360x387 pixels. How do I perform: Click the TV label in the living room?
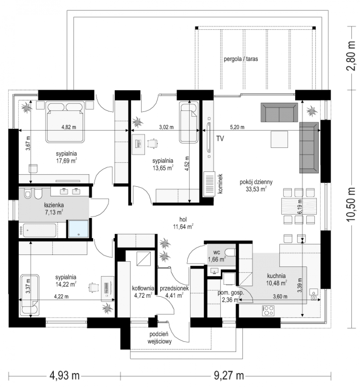[x=220, y=139]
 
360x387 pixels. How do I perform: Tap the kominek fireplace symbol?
[x=209, y=184]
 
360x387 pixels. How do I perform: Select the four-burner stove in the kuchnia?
[x=268, y=311]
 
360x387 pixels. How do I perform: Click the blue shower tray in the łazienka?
[x=78, y=229]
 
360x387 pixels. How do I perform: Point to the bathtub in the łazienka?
[x=40, y=230]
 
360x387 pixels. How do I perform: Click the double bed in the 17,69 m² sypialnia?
[x=65, y=122]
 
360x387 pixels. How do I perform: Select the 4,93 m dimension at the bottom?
[x=64, y=376]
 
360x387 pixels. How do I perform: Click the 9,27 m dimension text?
[x=229, y=376]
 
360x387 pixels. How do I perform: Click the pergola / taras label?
[x=241, y=59]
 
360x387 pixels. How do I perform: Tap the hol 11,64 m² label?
[x=183, y=223]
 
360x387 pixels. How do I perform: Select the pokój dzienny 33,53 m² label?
[x=256, y=185]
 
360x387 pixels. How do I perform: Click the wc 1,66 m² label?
[x=217, y=256]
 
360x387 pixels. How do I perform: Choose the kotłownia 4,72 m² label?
[x=143, y=292]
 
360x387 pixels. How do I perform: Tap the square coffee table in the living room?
[x=279, y=139]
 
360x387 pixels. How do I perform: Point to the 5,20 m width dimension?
[x=237, y=127]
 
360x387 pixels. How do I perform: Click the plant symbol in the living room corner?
[x=312, y=111]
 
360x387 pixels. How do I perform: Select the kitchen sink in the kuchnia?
[x=314, y=294]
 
